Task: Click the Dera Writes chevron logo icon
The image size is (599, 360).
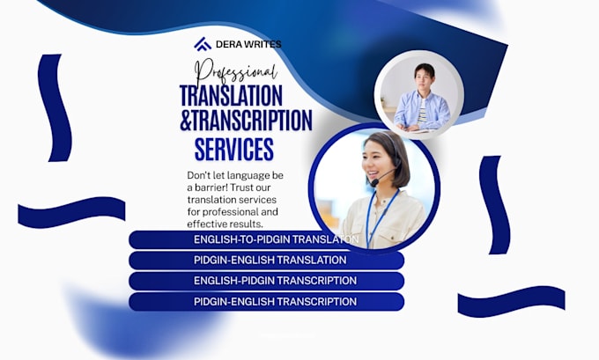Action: click(203, 44)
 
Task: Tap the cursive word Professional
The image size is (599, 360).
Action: click(236, 72)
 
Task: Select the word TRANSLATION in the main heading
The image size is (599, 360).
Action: click(231, 95)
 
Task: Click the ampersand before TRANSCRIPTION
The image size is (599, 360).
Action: click(185, 121)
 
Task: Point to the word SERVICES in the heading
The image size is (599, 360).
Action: click(234, 149)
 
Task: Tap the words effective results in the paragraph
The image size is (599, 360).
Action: click(225, 224)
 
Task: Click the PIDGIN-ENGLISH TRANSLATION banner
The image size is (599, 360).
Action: click(266, 260)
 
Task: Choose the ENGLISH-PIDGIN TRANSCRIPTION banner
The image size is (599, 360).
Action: click(266, 281)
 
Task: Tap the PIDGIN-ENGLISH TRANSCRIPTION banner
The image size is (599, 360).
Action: click(266, 302)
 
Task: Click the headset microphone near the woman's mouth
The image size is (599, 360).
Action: click(374, 182)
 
